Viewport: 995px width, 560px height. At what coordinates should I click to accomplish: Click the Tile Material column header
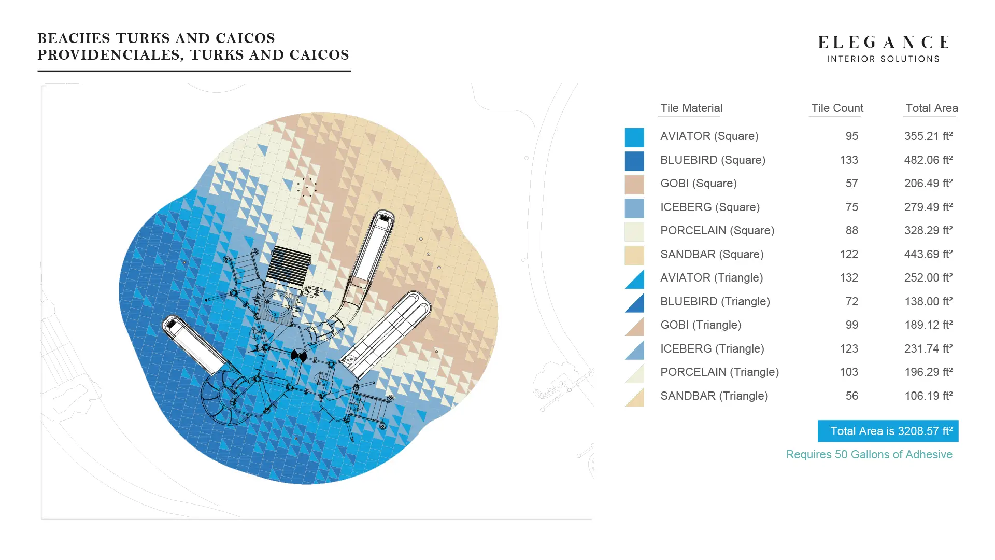coord(691,108)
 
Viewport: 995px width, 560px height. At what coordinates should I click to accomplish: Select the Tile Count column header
coord(837,108)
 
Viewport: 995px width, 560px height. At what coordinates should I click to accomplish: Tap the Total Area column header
coord(931,108)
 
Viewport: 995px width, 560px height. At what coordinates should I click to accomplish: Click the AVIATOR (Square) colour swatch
coord(634,137)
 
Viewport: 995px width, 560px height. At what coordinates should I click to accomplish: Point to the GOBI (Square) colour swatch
coord(634,185)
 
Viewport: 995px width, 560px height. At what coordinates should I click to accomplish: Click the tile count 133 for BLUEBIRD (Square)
coord(849,160)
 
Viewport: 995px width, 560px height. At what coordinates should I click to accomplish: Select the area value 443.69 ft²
coord(928,254)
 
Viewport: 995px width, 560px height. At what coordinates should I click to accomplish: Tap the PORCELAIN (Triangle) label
coord(719,372)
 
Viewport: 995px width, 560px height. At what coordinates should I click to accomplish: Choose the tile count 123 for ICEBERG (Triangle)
coord(849,348)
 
